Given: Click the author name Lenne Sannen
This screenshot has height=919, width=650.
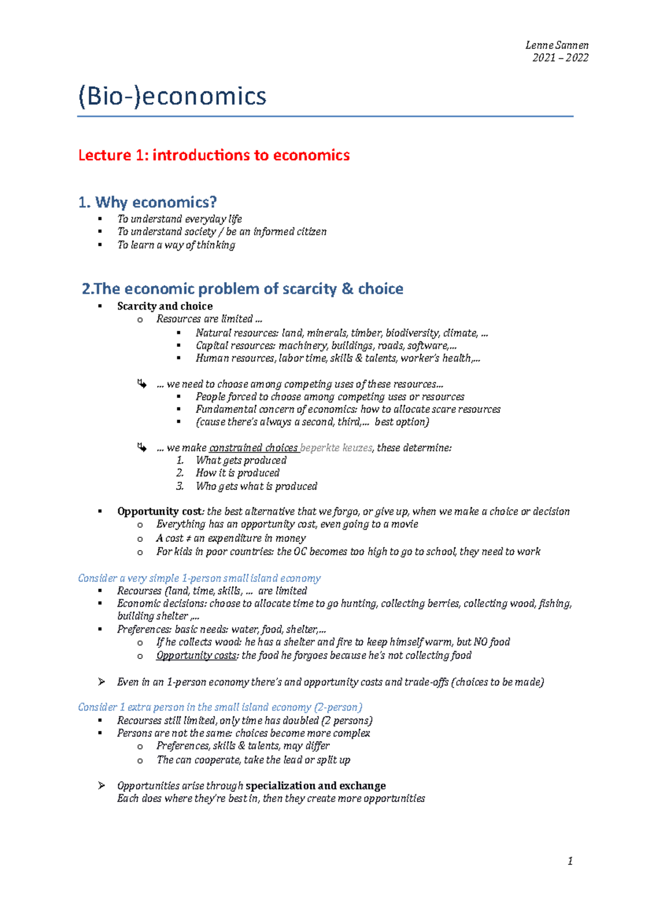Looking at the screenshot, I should click(x=557, y=45).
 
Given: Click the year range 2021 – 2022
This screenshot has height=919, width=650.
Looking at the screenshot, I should click(x=560, y=58).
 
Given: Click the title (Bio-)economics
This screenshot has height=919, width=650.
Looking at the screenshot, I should click(x=172, y=97).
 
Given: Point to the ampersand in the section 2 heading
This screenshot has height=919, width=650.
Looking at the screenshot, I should click(x=347, y=288).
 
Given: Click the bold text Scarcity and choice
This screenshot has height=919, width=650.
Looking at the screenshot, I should click(x=165, y=306).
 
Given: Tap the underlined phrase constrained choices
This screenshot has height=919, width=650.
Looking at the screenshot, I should click(x=253, y=448).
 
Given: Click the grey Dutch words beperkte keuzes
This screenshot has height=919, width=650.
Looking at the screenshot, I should click(x=336, y=448).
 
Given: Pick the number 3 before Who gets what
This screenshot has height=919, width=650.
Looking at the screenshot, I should click(x=180, y=486).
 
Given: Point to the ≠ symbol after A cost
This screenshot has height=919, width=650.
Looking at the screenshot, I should click(x=188, y=538).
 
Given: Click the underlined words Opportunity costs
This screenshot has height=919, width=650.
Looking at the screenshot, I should click(x=196, y=655).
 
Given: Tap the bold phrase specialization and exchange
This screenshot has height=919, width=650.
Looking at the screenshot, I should click(x=315, y=786).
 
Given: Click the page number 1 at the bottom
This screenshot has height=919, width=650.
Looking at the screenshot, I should click(x=570, y=861).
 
